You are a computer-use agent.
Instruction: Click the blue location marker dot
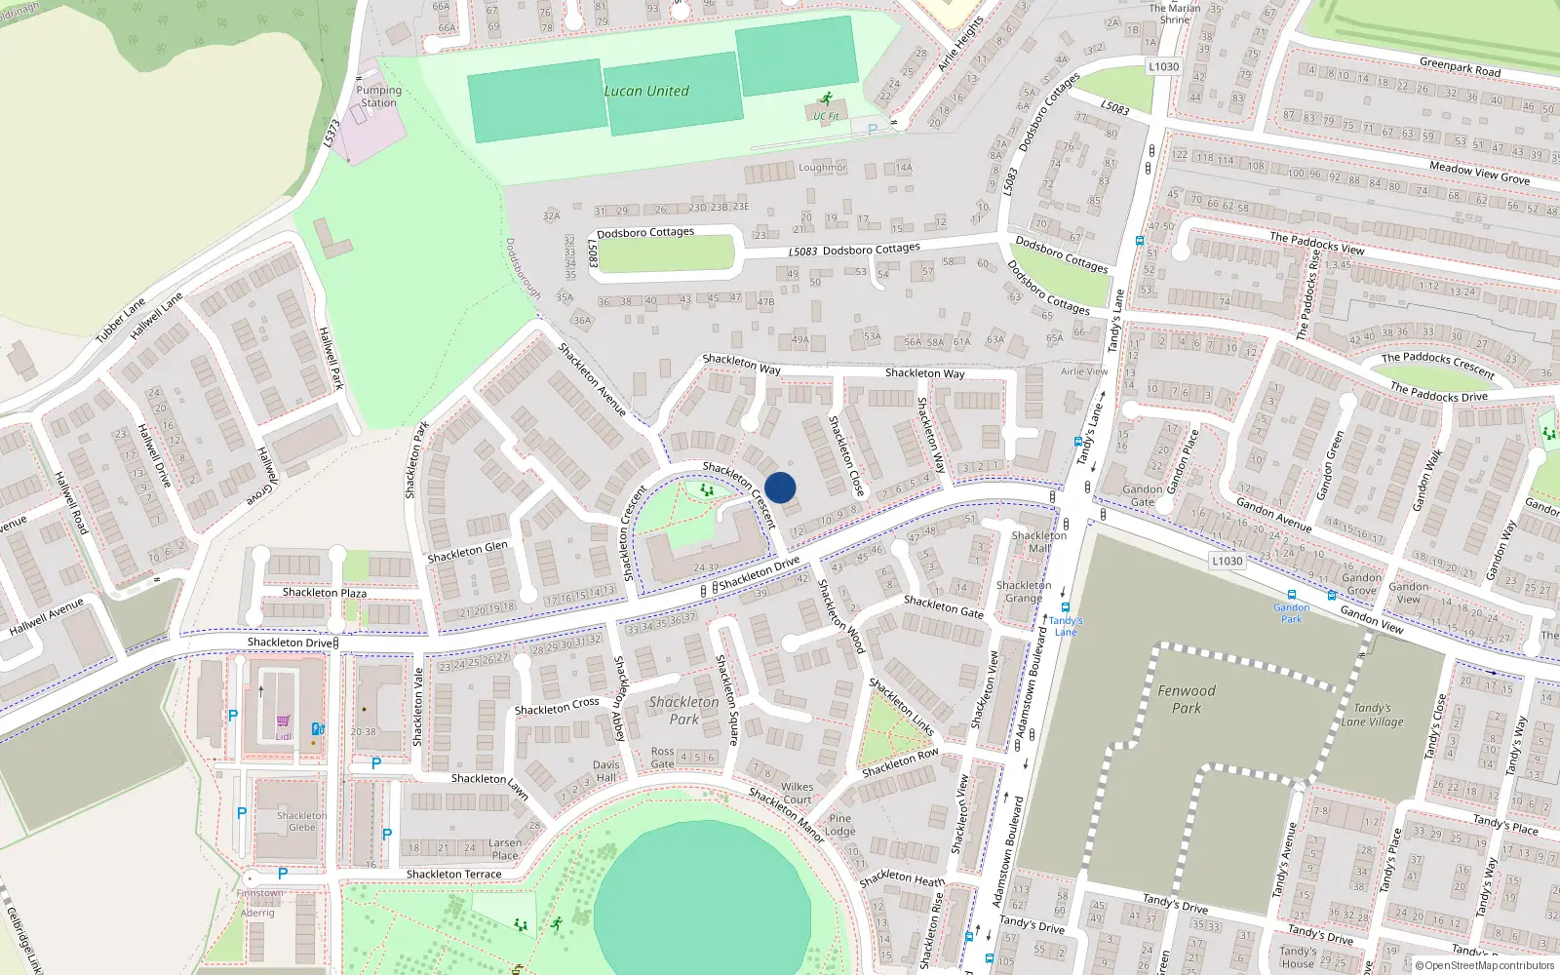pyautogui.click(x=780, y=487)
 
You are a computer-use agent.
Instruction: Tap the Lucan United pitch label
pyautogui.click(x=645, y=92)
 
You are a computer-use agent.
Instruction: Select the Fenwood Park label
pyautogui.click(x=1187, y=699)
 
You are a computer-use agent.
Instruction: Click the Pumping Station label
pyautogui.click(x=379, y=97)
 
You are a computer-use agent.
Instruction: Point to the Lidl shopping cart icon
pyautogui.click(x=284, y=721)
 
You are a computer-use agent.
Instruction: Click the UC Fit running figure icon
pyautogui.click(x=827, y=98)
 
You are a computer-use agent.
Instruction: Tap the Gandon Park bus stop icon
pyautogui.click(x=1291, y=594)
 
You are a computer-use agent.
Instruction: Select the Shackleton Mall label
pyautogui.click(x=1038, y=541)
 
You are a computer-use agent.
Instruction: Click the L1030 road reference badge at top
pyautogui.click(x=1163, y=66)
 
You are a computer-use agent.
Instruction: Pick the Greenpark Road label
pyautogui.click(x=1460, y=67)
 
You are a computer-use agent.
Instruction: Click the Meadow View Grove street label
pyautogui.click(x=1479, y=173)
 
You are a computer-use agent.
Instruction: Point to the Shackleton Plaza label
pyautogui.click(x=325, y=592)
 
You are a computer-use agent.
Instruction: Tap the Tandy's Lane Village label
pyautogui.click(x=1372, y=715)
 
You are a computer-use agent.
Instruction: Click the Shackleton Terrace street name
pyautogui.click(x=453, y=875)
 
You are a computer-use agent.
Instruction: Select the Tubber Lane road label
pyautogui.click(x=120, y=320)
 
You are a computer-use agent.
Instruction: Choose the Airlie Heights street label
pyautogui.click(x=961, y=45)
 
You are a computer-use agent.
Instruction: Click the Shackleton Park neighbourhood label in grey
pyautogui.click(x=683, y=710)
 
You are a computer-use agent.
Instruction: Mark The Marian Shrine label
pyautogui.click(x=1175, y=14)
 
